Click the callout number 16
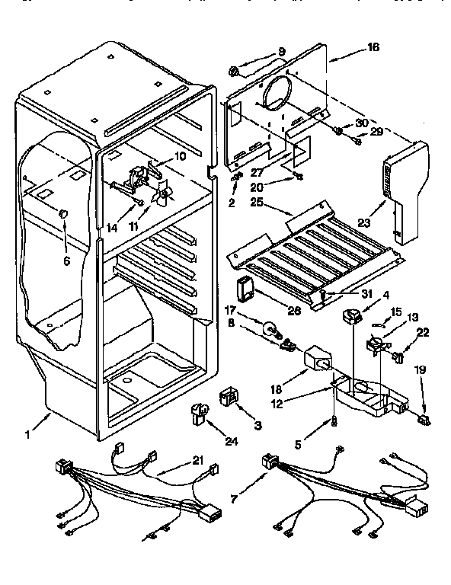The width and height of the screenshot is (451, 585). [x=373, y=47]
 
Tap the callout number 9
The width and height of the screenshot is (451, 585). [x=281, y=52]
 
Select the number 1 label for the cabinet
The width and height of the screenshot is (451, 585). [x=28, y=435]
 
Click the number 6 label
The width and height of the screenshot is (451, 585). [x=66, y=260]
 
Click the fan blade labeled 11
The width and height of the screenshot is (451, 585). [x=162, y=197]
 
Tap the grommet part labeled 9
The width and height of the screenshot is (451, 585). [x=237, y=72]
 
